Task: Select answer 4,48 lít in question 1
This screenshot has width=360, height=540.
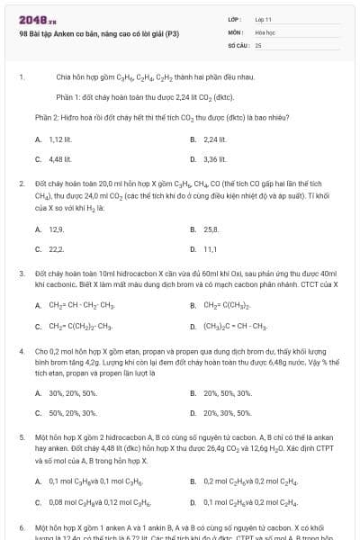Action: (x=59, y=159)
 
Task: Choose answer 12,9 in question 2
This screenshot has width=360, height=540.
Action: (x=56, y=229)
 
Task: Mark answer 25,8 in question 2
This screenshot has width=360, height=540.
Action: (x=211, y=229)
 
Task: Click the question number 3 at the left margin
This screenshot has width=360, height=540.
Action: (x=21, y=272)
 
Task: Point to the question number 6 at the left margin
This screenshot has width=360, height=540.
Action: (x=21, y=526)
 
